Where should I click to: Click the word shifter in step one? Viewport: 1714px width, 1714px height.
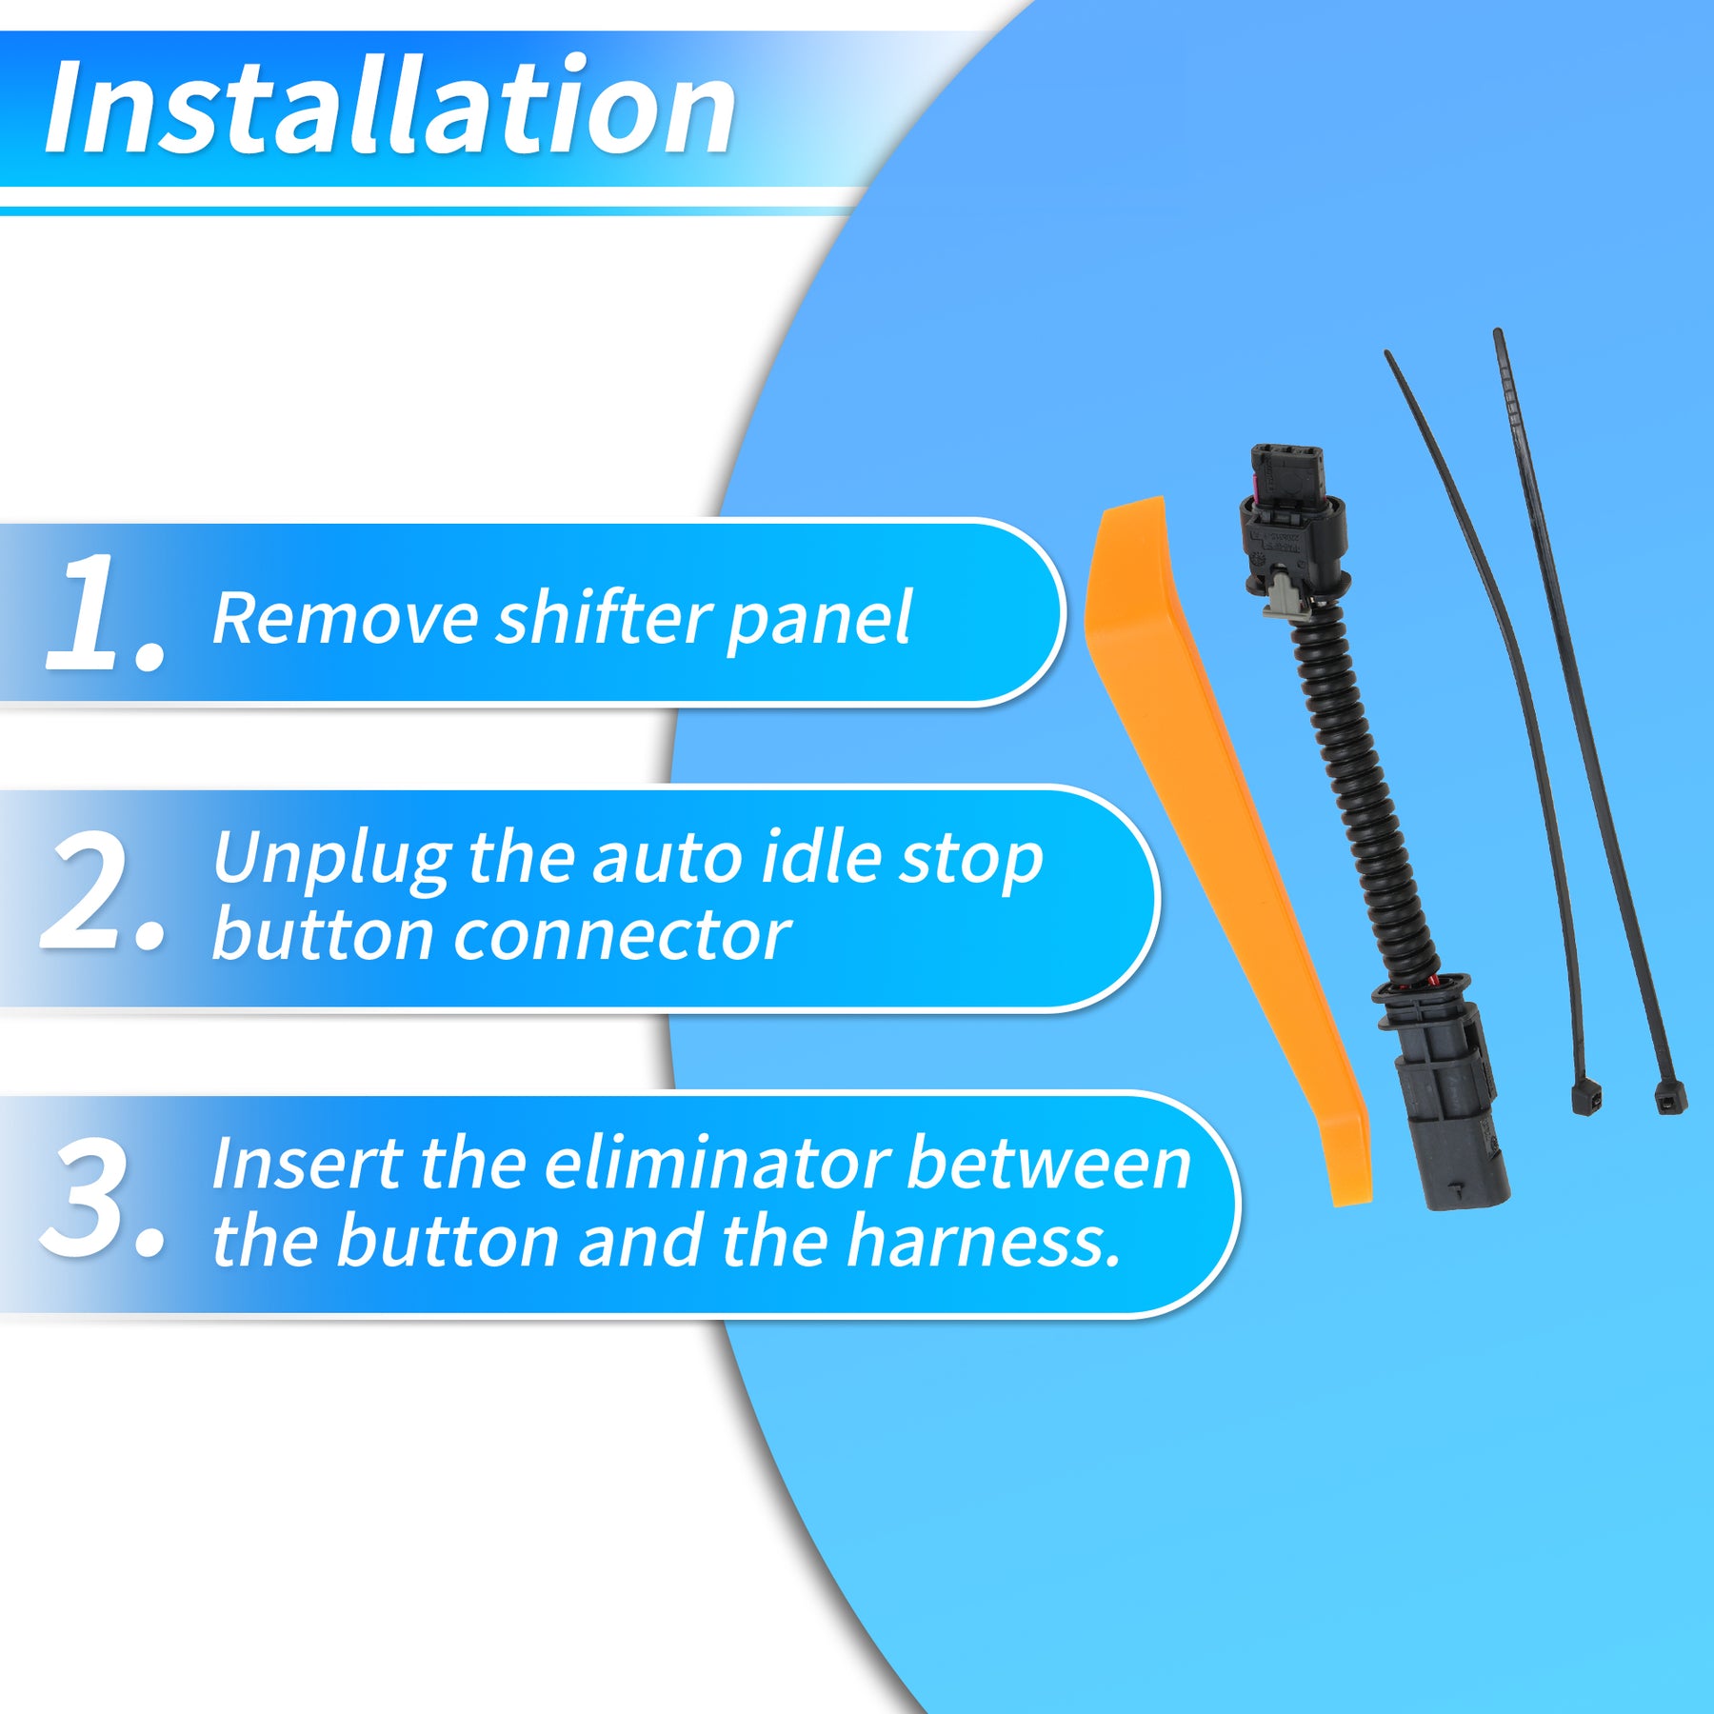pos(603,618)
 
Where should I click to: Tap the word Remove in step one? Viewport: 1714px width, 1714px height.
pos(344,619)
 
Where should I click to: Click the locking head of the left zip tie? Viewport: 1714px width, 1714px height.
pos(1585,1097)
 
